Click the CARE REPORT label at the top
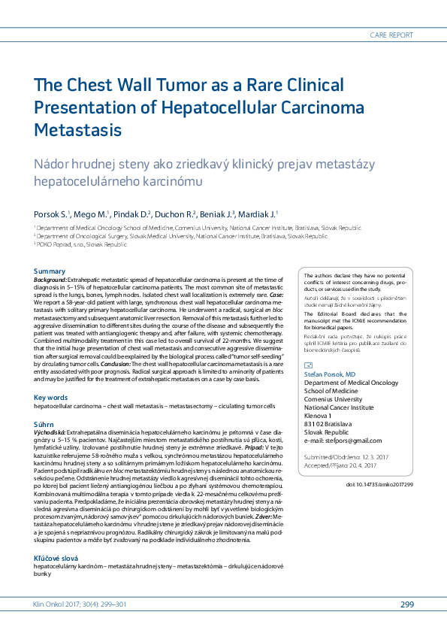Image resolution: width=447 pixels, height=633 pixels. point(391,35)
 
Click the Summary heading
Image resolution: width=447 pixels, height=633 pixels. point(50,271)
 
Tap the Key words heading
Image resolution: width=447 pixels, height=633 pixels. point(52,396)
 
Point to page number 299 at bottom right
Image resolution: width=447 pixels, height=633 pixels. point(407,604)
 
